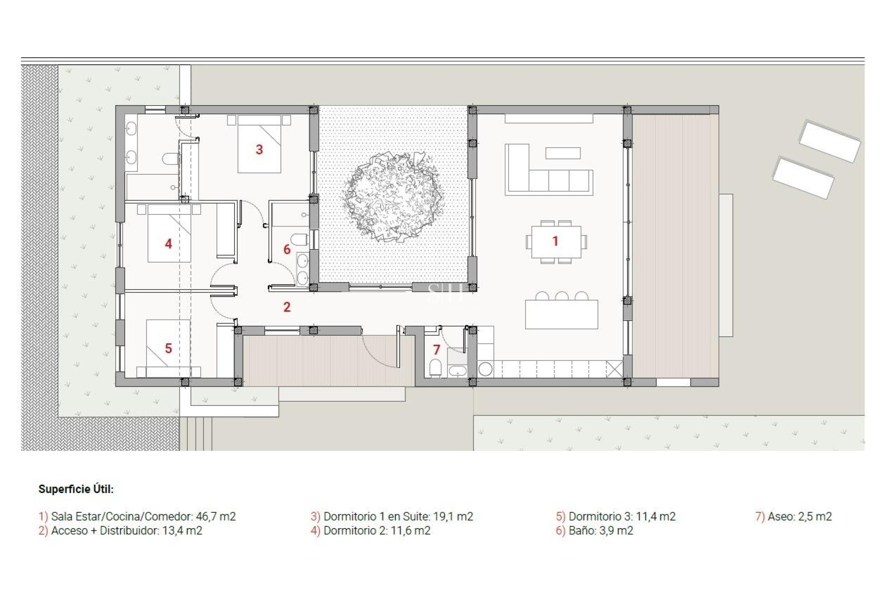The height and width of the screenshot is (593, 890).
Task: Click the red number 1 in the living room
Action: pos(555,241)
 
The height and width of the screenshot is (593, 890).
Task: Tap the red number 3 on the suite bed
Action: pos(259,150)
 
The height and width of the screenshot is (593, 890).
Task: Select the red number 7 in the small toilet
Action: pos(436,350)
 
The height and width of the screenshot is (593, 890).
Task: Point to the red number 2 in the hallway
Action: pos(287,307)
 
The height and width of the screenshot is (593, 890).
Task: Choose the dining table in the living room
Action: pos(556,242)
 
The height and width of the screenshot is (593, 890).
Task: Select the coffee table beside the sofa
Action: pos(563,153)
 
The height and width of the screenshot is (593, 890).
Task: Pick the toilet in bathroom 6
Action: pos(300,240)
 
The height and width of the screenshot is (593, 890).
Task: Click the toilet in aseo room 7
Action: pos(435,368)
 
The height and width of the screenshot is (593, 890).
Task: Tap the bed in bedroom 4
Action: pos(169,236)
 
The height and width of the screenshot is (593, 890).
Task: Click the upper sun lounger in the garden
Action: pos(830,141)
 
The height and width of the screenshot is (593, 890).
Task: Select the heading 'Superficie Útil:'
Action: pos(76,489)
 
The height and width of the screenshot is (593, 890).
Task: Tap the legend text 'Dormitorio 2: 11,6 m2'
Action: pos(376,530)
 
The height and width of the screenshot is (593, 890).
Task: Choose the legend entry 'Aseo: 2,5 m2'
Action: pos(799,516)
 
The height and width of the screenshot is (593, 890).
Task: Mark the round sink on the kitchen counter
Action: pos(485,369)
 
